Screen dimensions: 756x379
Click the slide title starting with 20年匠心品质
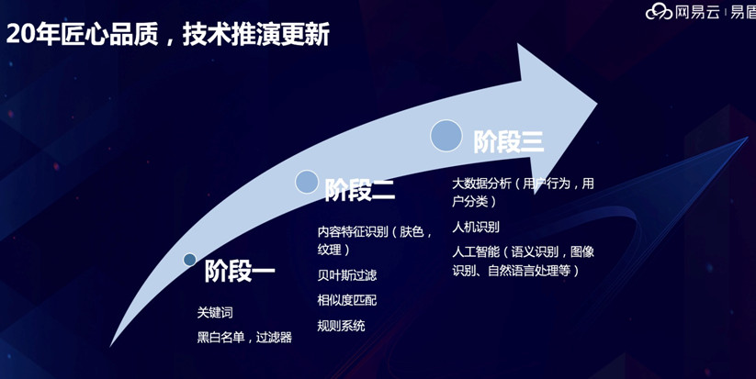pyautogui.click(x=168, y=35)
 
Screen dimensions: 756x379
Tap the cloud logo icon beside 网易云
pyautogui.click(x=659, y=11)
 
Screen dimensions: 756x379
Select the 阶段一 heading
pyautogui.click(x=240, y=272)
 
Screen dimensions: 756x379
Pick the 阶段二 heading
pyautogui.click(x=360, y=190)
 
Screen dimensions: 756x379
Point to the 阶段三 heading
pyautogui.click(x=509, y=141)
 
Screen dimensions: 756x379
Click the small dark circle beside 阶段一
pyautogui.click(x=190, y=260)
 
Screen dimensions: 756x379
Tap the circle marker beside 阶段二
pyautogui.click(x=307, y=182)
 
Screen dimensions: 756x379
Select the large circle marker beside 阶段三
pyautogui.click(x=446, y=135)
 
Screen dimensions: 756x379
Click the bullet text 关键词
pyautogui.click(x=215, y=313)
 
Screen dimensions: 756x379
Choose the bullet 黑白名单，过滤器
pyautogui.click(x=244, y=337)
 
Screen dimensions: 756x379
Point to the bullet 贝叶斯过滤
pyautogui.click(x=347, y=275)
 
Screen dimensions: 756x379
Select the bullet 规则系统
pyautogui.click(x=342, y=326)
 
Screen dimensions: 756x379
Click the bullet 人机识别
pyautogui.click(x=476, y=227)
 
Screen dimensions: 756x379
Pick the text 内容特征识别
pyautogui.click(x=353, y=231)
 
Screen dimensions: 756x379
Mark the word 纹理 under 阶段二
pyautogui.click(x=329, y=250)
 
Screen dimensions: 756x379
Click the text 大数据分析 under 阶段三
pyautogui.click(x=481, y=184)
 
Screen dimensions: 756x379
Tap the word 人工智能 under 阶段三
pyautogui.click(x=476, y=251)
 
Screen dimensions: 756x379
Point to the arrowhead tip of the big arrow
pyautogui.click(x=597, y=102)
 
